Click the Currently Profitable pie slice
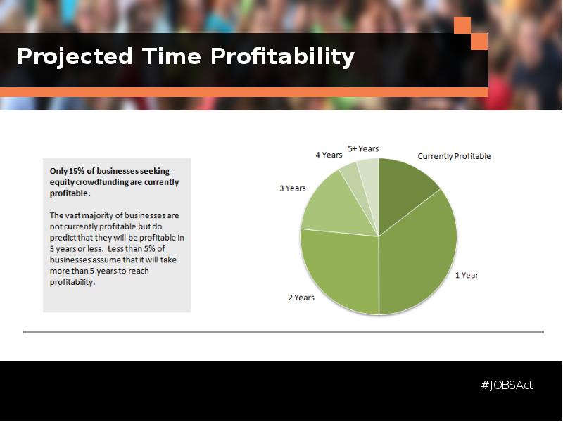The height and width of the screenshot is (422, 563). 402,190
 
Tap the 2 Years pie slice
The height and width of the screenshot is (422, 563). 341,269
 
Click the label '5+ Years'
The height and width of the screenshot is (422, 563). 363,148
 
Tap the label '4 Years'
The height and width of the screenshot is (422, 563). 329,155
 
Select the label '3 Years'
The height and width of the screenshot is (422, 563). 293,188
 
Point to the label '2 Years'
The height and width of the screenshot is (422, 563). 301,298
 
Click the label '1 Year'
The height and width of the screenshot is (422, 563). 467,275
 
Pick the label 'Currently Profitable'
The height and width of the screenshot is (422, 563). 454,156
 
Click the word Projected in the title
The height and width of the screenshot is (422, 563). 75,57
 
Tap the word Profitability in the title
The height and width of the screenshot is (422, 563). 282,57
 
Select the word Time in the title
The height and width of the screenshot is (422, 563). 171,56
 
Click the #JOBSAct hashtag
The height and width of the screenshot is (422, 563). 507,385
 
